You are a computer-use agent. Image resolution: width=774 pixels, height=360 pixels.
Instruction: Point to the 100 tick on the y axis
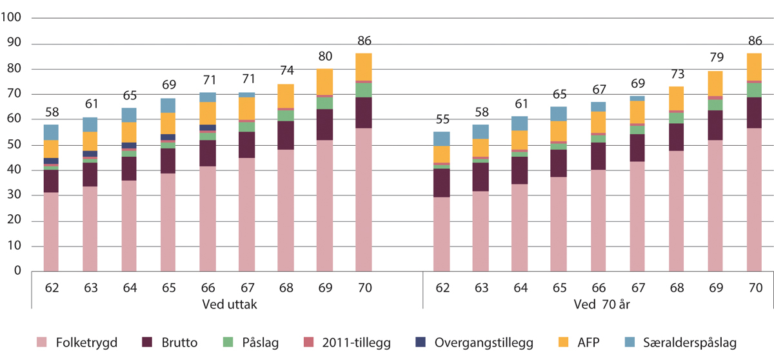(13, 19)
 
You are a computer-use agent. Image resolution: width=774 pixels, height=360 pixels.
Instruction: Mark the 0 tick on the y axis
(19, 272)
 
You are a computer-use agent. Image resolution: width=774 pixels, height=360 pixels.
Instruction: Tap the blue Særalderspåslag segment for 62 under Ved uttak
(52, 132)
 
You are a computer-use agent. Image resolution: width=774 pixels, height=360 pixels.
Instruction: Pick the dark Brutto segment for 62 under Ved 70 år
(441, 183)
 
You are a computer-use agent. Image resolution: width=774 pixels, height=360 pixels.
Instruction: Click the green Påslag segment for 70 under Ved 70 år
(754, 90)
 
